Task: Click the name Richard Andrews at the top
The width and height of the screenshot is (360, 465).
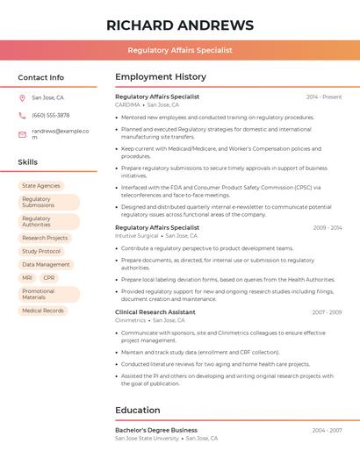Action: click(x=180, y=25)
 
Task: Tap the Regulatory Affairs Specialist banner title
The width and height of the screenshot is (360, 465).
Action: click(x=180, y=50)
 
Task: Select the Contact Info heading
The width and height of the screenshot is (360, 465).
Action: click(x=40, y=77)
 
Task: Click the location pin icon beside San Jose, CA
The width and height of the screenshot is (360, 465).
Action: click(x=22, y=97)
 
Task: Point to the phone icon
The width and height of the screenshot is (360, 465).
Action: click(x=22, y=115)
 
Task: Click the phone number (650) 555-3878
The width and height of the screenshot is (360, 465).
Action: click(x=50, y=115)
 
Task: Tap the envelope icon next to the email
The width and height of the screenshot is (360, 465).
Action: click(x=22, y=133)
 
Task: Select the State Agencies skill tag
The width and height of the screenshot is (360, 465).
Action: click(x=41, y=186)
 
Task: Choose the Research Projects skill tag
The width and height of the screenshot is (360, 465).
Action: click(x=45, y=238)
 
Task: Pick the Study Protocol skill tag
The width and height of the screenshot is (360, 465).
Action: click(x=41, y=251)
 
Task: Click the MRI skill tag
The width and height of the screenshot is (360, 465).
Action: click(x=27, y=277)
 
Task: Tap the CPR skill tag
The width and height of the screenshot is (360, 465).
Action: click(x=48, y=277)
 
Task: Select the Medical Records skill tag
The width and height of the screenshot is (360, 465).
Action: click(x=43, y=311)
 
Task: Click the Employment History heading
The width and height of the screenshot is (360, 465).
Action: click(x=161, y=77)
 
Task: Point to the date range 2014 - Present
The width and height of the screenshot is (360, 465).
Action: click(x=324, y=97)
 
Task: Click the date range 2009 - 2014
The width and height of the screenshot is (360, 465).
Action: click(x=327, y=227)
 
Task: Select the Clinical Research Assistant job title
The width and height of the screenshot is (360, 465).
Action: click(x=155, y=312)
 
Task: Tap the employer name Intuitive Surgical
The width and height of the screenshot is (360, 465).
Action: click(x=137, y=235)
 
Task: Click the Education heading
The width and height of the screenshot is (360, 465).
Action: click(x=138, y=411)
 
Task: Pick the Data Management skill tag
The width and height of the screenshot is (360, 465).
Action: click(x=46, y=264)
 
